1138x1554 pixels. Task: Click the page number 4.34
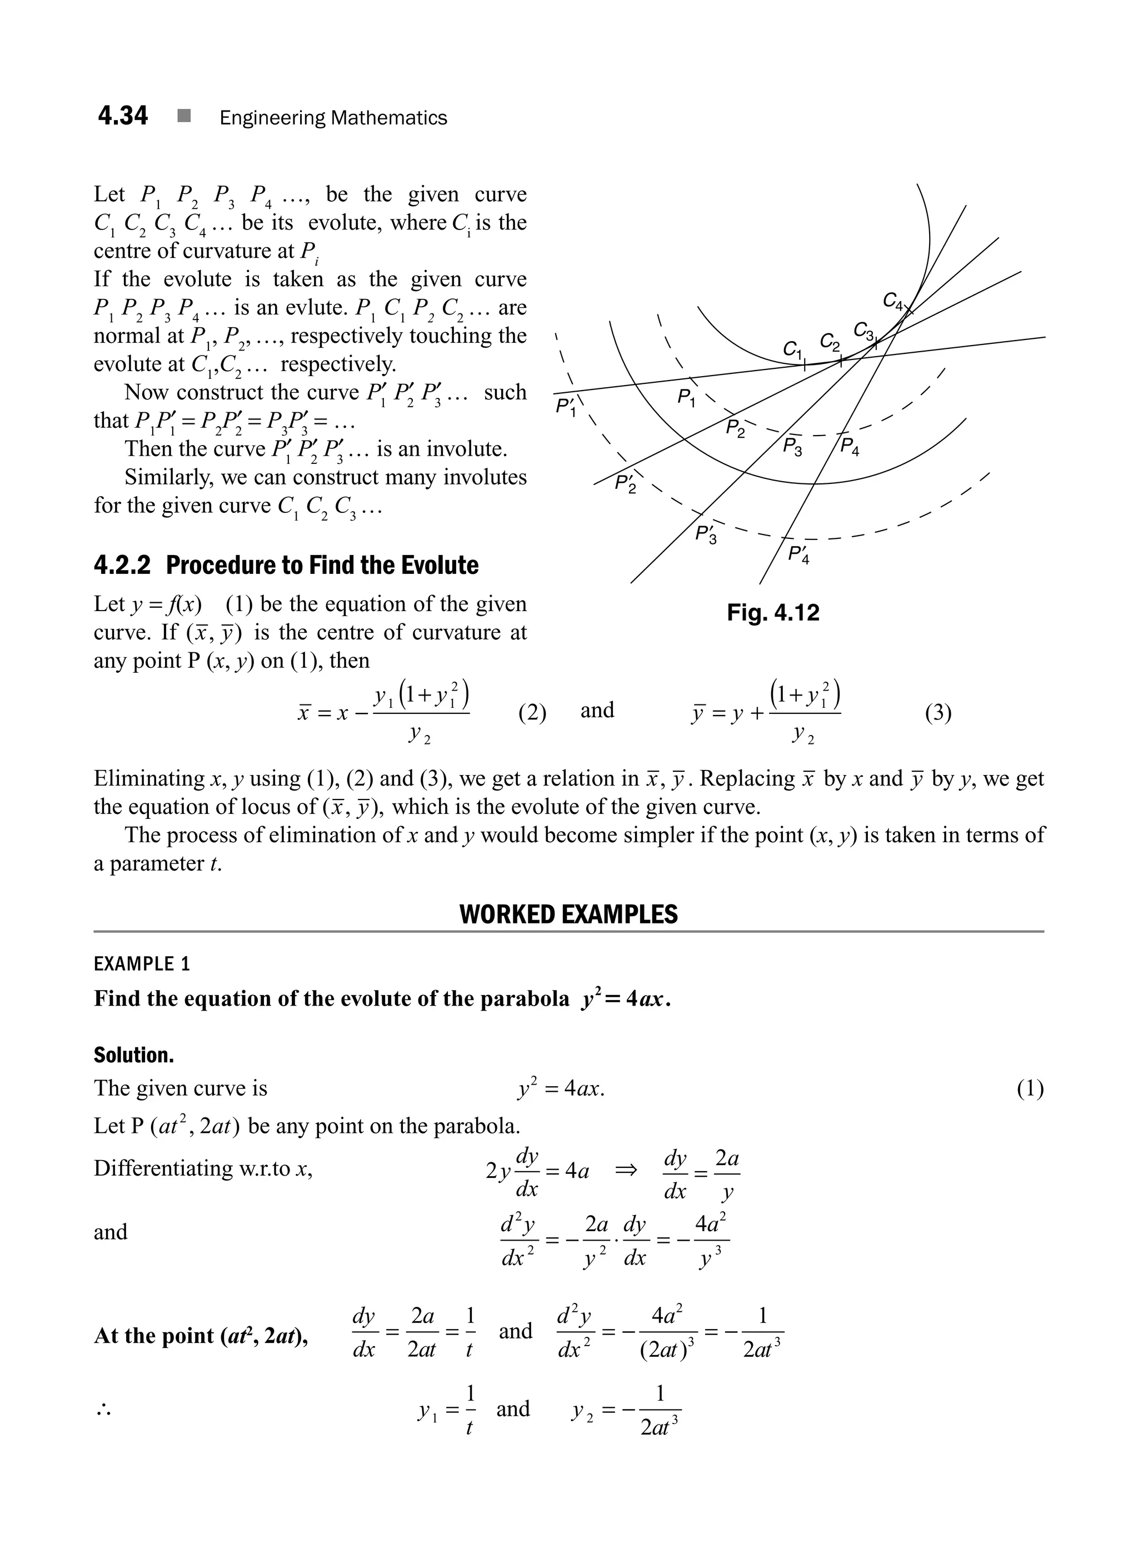(123, 116)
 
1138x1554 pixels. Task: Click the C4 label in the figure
(893, 301)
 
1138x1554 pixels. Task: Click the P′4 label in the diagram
(799, 554)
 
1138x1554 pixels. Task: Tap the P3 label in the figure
(792, 446)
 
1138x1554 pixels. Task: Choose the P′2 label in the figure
(626, 483)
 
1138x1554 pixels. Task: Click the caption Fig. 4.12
(773, 612)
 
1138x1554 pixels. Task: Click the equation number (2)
(532, 712)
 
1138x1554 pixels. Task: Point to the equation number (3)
(937, 712)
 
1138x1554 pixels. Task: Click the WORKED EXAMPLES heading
(568, 914)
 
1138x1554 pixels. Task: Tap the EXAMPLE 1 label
(141, 963)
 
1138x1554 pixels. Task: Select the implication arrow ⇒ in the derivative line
(626, 1170)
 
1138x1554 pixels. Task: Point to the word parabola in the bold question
(524, 999)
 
